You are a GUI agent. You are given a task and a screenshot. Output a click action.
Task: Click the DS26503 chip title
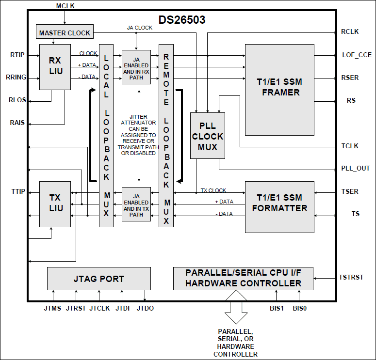click(182, 20)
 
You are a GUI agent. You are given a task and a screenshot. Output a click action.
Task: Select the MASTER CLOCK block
click(65, 33)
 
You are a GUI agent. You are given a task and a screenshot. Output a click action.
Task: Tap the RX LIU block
click(54, 66)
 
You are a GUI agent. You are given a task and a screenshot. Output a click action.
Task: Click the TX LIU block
click(54, 203)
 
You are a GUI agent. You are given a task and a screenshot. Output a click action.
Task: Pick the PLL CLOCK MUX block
click(208, 135)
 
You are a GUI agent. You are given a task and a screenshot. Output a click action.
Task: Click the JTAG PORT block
click(98, 279)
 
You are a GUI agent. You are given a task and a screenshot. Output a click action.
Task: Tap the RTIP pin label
click(17, 55)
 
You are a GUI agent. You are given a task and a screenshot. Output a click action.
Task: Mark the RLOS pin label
click(17, 100)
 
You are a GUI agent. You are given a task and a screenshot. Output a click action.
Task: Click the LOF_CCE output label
click(357, 55)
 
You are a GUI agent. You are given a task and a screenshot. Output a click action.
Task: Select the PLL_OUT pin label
click(355, 168)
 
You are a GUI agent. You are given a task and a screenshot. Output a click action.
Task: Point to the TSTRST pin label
click(351, 278)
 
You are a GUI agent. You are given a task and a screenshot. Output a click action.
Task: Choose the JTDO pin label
click(145, 308)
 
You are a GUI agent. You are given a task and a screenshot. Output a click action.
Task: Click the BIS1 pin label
click(277, 308)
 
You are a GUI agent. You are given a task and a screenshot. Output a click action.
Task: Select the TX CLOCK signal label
click(213, 190)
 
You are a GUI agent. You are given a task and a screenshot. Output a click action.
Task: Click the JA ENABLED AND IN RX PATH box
click(136, 67)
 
